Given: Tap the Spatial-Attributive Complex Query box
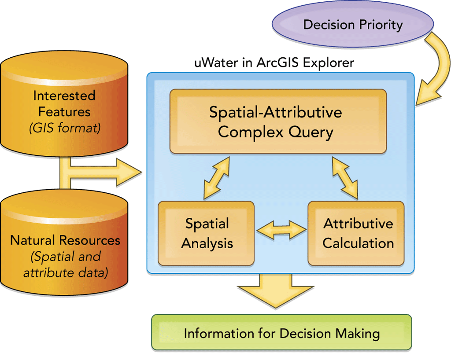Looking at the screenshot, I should pos(278,121).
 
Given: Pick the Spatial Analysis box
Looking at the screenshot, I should pos(206,233).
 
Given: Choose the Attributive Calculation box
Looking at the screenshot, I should pos(356,233).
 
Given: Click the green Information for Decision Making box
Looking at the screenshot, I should pos(281,333).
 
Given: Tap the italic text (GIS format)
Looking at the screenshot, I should pos(65,129).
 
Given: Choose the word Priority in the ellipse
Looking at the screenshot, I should pos(379,25).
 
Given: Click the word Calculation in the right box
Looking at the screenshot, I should pos(358,243).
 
